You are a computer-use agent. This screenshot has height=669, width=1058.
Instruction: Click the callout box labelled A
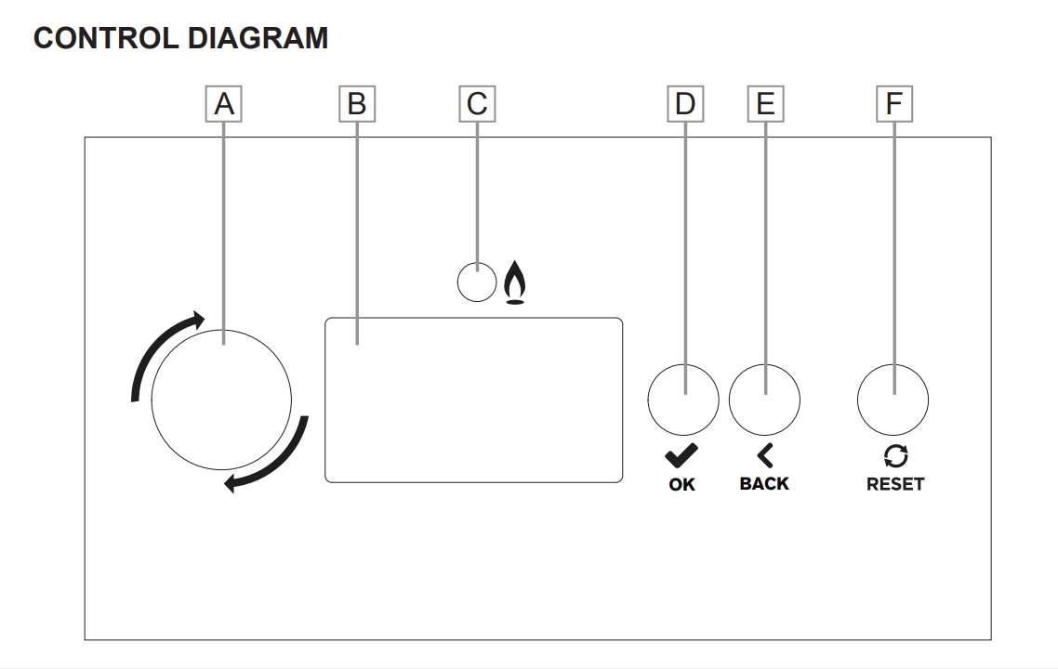click(223, 104)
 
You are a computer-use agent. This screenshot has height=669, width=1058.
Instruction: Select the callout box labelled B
click(357, 104)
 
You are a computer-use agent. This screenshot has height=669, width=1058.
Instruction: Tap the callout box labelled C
click(477, 104)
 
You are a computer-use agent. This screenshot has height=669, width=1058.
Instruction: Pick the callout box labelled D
click(685, 104)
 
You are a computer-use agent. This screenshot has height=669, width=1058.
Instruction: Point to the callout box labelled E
click(765, 104)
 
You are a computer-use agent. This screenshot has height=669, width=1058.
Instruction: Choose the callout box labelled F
click(894, 104)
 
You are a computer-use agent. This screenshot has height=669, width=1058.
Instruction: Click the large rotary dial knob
click(221, 400)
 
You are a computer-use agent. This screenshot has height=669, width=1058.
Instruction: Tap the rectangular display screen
click(473, 400)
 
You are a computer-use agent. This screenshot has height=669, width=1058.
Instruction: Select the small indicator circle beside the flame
click(477, 282)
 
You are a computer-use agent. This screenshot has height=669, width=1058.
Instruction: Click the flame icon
click(515, 282)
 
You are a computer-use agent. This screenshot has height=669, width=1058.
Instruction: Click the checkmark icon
click(681, 456)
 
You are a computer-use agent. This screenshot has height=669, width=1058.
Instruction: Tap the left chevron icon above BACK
click(765, 456)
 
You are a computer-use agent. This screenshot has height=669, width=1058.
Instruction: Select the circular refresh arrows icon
click(895, 456)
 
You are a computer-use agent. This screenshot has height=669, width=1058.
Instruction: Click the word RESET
click(895, 484)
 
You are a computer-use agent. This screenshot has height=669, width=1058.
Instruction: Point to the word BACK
click(764, 484)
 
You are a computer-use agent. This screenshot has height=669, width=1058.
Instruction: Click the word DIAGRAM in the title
click(258, 38)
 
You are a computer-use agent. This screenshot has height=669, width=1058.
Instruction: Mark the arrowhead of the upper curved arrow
click(197, 320)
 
